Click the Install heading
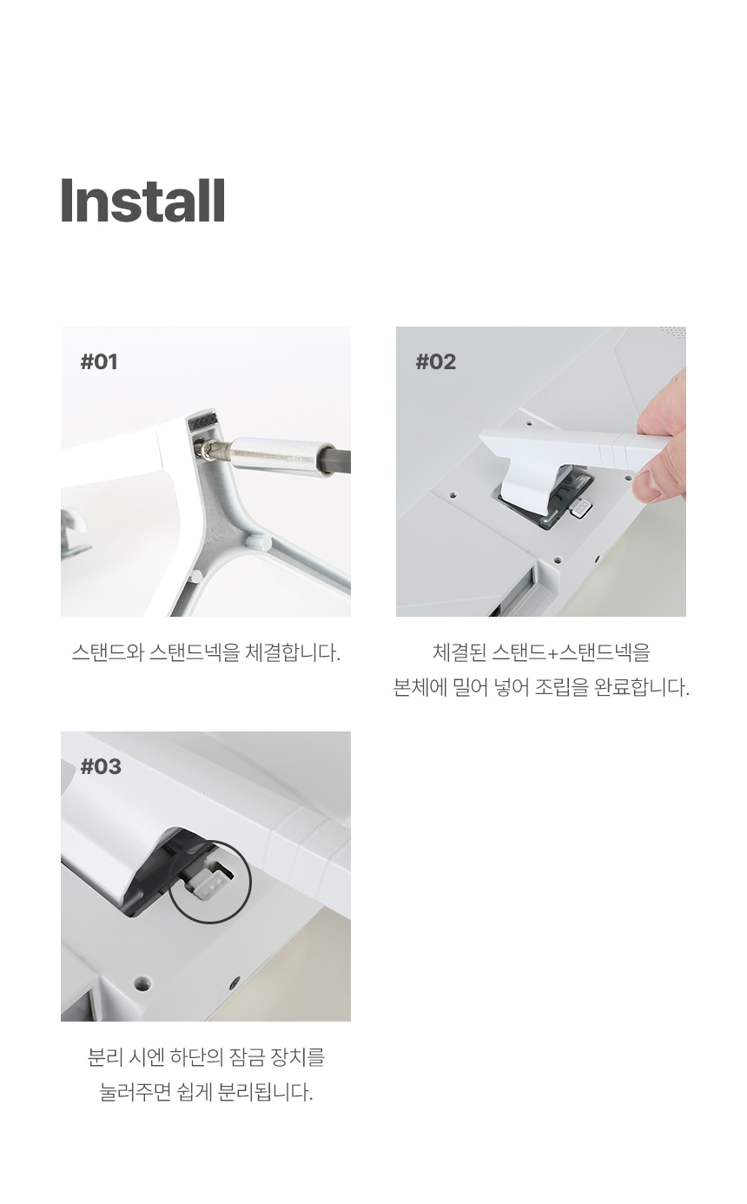(142, 200)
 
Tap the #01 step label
(99, 361)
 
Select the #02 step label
(436, 361)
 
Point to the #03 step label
(101, 766)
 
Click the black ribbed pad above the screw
(203, 422)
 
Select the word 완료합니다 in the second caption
(642, 687)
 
